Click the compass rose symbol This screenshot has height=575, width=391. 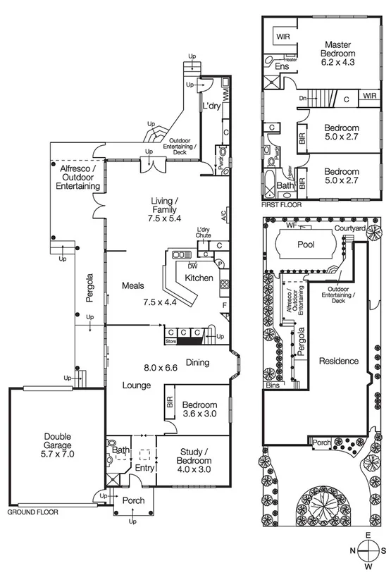[x=368, y=550]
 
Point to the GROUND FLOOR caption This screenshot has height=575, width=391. [x=32, y=512]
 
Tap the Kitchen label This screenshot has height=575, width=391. [x=198, y=279]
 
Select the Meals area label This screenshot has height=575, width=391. [x=132, y=286]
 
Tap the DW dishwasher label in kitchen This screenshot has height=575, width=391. [x=192, y=266]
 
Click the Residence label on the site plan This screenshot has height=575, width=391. [x=339, y=361]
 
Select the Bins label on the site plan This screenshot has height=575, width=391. [x=273, y=386]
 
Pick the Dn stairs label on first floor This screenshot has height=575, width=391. [x=302, y=99]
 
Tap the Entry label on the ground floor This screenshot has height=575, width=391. [x=144, y=468]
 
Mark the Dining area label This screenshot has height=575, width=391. [x=197, y=363]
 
